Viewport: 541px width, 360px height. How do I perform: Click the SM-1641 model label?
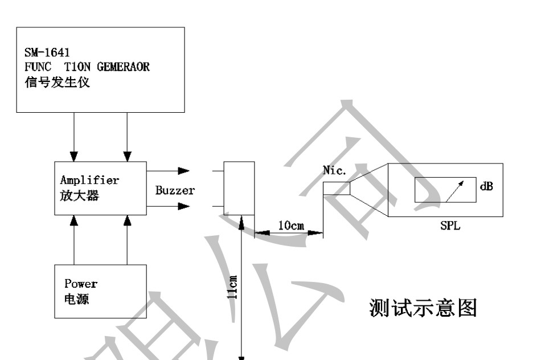47,52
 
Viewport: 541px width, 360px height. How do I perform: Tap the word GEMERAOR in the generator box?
123,67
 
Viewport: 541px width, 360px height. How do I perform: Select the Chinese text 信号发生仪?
57,82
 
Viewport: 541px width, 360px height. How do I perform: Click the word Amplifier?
90,180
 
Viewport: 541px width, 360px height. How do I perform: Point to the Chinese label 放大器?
79,196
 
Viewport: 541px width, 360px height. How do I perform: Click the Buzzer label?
175,190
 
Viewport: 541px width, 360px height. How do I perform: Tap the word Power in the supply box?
81,284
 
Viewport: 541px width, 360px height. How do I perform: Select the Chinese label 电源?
77,299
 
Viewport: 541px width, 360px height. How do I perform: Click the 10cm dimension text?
291,226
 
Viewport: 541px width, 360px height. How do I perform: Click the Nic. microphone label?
334,170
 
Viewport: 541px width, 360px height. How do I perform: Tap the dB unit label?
486,186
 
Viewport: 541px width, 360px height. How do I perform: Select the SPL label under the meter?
450,226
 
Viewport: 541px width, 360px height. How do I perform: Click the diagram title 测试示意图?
423,308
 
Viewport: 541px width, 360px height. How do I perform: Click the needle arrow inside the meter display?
454,191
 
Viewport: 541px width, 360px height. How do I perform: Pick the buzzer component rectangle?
239,188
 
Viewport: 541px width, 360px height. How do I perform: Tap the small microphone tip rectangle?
337,189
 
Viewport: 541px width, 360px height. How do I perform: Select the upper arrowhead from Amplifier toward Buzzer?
183,171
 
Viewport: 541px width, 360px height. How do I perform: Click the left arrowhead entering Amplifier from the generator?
74,156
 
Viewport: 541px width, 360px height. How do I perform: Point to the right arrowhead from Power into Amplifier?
128,220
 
